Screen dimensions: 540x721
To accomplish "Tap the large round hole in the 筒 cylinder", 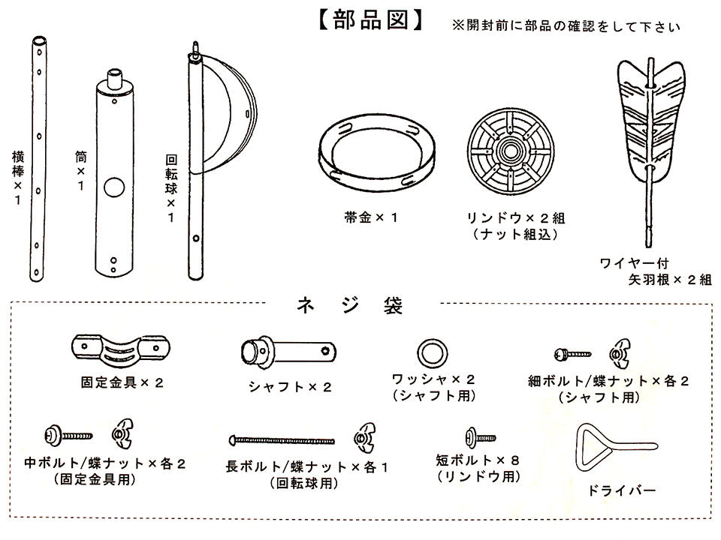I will [114, 187].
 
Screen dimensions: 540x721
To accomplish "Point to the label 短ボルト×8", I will [478, 459].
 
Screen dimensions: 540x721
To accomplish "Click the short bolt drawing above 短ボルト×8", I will [480, 434].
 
